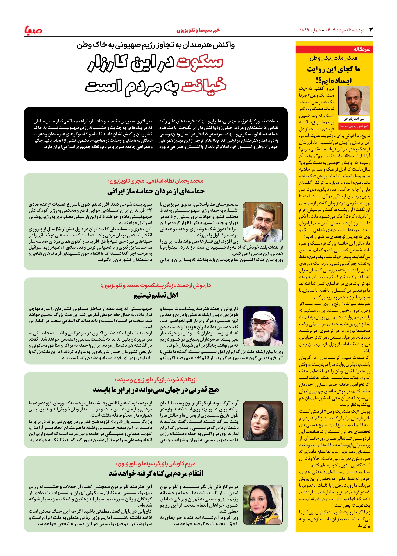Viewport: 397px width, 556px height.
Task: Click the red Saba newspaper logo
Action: [33, 30]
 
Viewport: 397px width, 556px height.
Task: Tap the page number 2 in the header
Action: [371, 30]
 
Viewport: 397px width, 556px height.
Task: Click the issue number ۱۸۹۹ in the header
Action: [305, 30]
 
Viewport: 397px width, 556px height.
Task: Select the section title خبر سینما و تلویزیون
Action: [198, 30]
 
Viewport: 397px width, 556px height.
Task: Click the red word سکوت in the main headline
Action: [199, 62]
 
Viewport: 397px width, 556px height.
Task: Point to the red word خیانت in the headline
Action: [204, 86]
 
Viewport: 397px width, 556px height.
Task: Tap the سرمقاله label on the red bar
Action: [362, 49]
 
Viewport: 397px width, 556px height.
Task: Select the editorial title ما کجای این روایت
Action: [334, 69]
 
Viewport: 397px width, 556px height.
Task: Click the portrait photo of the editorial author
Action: [354, 101]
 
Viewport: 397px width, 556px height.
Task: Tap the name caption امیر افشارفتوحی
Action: [354, 119]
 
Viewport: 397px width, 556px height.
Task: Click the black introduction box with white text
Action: [156, 134]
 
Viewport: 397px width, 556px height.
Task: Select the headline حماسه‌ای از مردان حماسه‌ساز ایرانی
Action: [156, 192]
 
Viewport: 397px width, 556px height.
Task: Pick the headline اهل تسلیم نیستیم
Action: [156, 296]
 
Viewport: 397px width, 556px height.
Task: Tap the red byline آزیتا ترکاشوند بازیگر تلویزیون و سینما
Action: [156, 380]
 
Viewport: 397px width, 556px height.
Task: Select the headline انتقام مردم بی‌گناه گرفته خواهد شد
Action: [156, 473]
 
